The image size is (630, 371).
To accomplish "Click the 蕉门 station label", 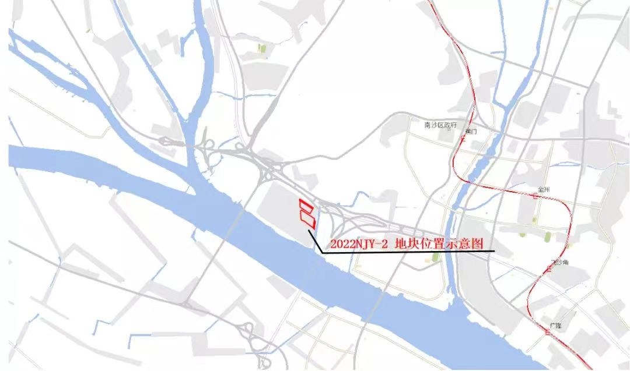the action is click(471, 132).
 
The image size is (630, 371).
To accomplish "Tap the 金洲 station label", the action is click(545, 190).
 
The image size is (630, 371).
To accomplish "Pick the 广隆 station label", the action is click(555, 325).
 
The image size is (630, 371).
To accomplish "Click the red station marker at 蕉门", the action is click(463, 140).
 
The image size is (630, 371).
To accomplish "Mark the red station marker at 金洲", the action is click(536, 197).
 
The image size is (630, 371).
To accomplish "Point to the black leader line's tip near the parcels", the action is click(309, 231).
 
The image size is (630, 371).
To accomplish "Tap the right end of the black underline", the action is click(494, 251).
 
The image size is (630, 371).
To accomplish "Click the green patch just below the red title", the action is click(435, 257).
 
